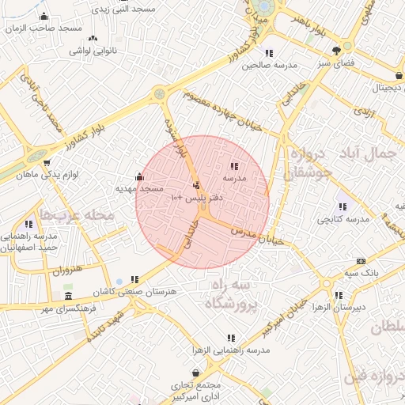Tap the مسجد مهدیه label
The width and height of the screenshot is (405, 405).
pyautogui.click(x=139, y=189)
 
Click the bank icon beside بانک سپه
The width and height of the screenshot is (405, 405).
pyautogui.click(x=361, y=261)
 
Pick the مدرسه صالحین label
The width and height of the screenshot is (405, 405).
pyautogui.click(x=262, y=66)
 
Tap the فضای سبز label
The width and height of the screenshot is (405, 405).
pyautogui.click(x=336, y=61)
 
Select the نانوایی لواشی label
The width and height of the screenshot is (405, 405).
pyautogui.click(x=93, y=51)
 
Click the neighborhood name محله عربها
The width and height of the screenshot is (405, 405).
pyautogui.click(x=78, y=214)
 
